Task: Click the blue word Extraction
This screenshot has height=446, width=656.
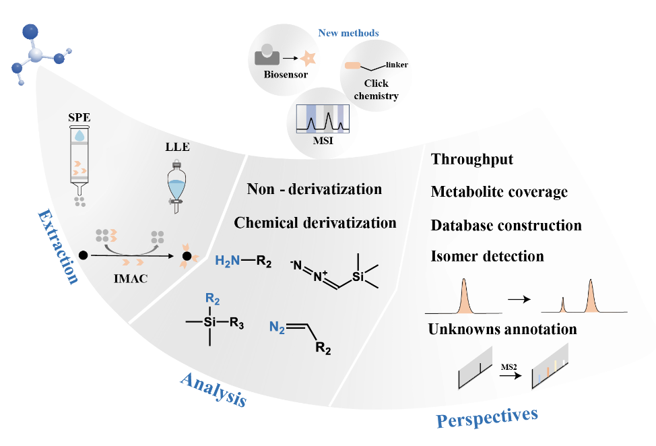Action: [57, 246]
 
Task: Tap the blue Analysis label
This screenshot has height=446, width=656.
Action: [213, 390]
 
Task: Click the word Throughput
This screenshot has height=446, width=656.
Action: [472, 160]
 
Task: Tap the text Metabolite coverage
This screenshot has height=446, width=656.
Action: [499, 192]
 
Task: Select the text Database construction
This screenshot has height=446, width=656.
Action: [506, 224]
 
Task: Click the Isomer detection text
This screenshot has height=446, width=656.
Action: [487, 256]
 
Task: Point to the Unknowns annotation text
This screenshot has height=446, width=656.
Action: [502, 329]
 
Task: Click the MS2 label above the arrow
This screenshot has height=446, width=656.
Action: [509, 365]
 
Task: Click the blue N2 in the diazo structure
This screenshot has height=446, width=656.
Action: [277, 328]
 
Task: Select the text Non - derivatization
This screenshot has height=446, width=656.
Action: [314, 189]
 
